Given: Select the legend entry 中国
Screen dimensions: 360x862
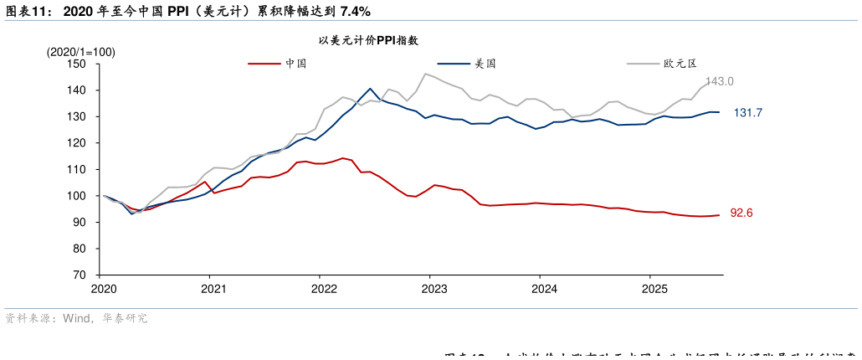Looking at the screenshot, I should (296, 63).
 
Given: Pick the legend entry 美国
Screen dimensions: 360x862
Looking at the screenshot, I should (485, 63).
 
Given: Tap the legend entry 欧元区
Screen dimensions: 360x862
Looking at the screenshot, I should (680, 63).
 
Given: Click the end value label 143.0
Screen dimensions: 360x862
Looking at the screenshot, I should (719, 81).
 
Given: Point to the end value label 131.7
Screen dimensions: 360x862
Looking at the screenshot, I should (747, 113).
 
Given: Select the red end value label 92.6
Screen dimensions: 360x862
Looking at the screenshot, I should (741, 213).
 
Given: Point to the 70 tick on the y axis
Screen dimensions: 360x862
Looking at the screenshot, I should (80, 275).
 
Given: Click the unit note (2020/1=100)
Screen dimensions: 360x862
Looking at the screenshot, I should (81, 52).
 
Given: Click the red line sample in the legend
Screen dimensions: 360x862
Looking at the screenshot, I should (264, 63).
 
